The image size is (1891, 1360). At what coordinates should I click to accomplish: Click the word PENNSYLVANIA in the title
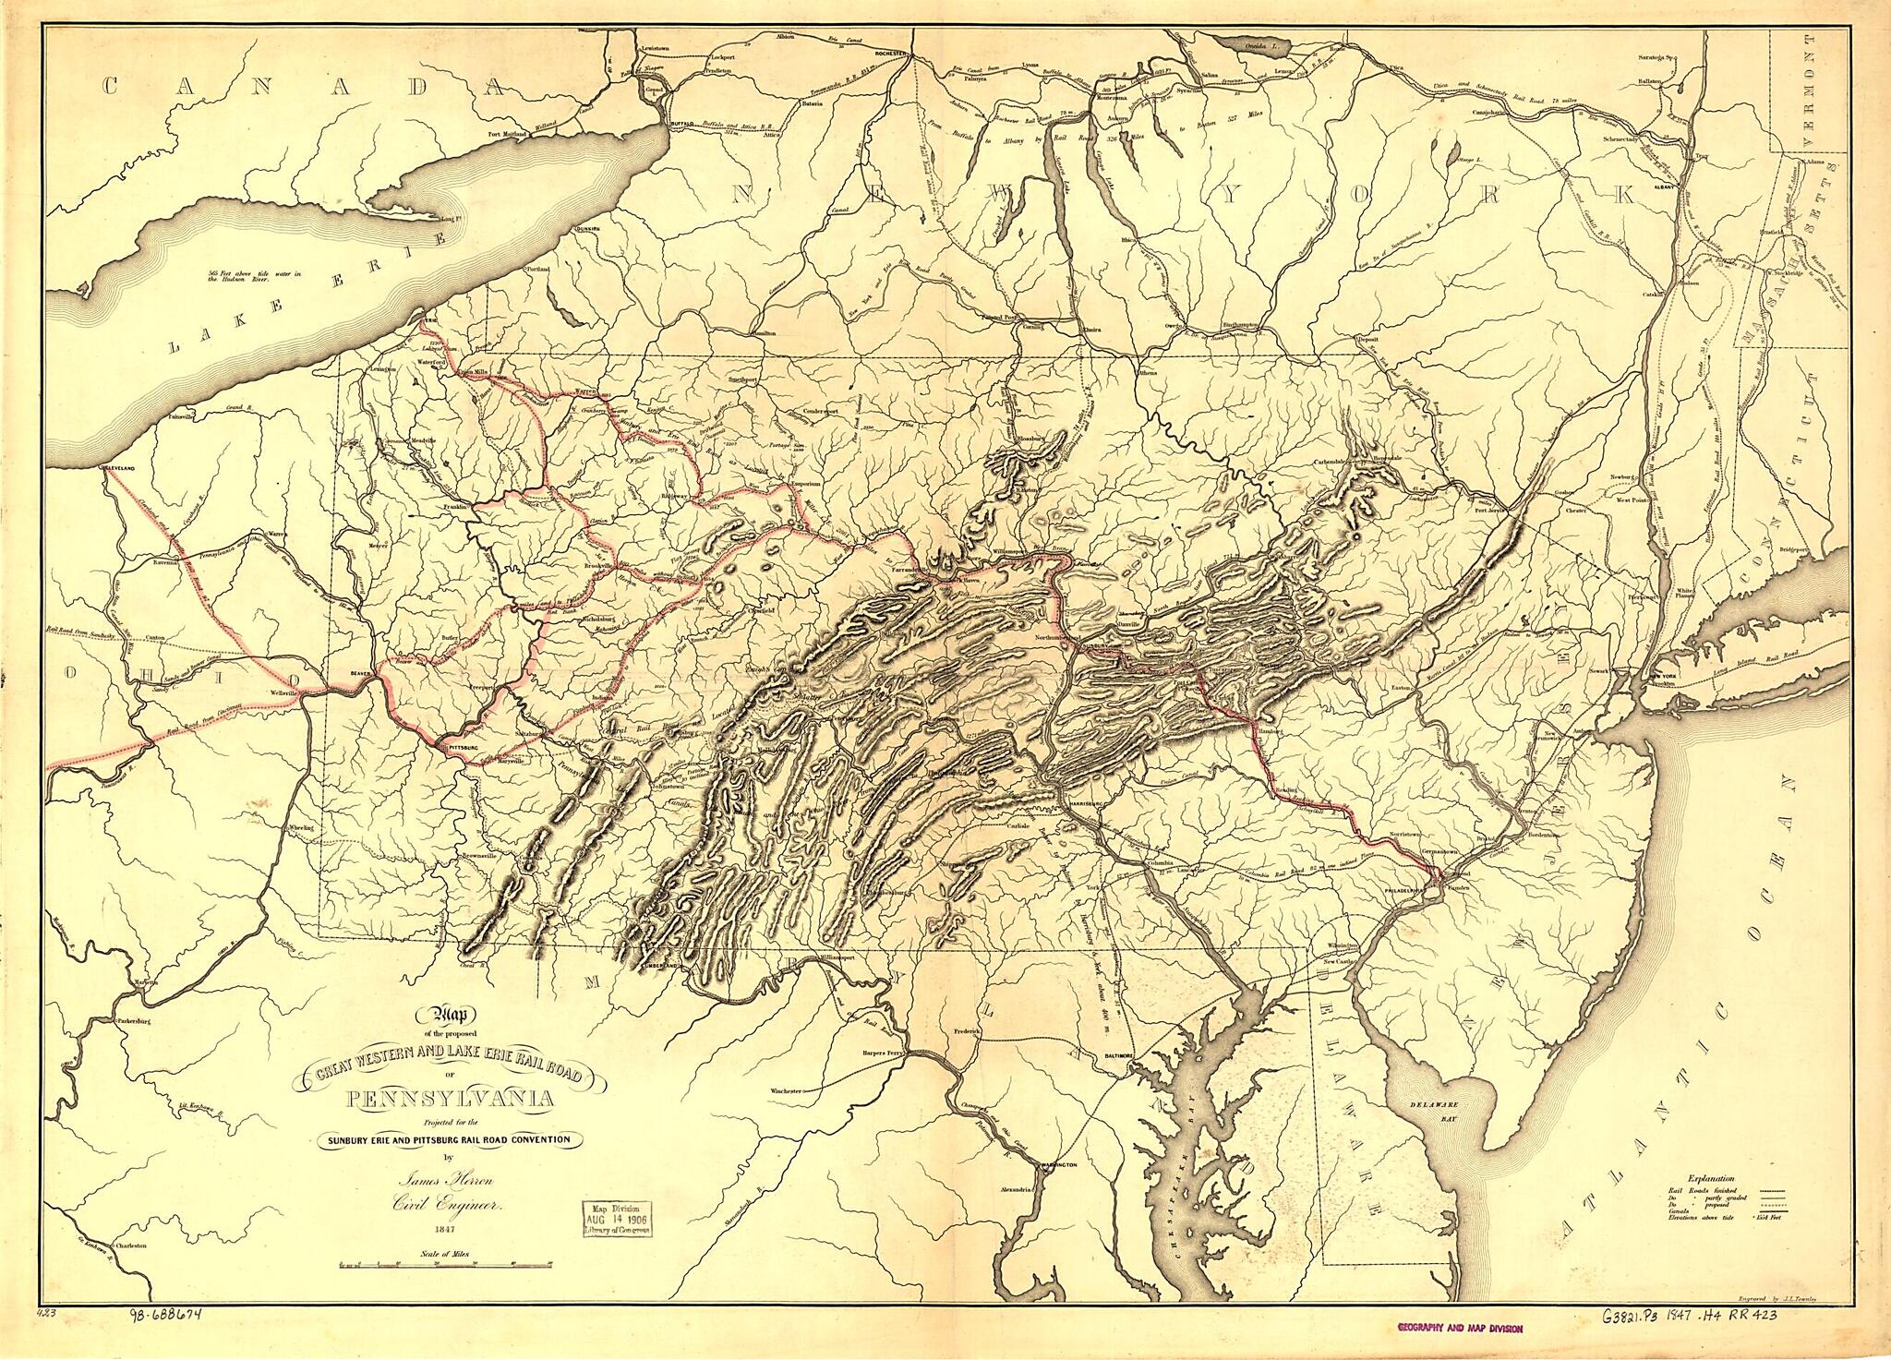451,1100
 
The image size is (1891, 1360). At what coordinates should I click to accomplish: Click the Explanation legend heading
1710,1205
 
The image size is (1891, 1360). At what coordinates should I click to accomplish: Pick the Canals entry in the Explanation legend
1682,1239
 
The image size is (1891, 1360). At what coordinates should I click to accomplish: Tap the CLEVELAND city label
118,470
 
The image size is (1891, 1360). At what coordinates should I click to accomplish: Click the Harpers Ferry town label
877,1053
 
